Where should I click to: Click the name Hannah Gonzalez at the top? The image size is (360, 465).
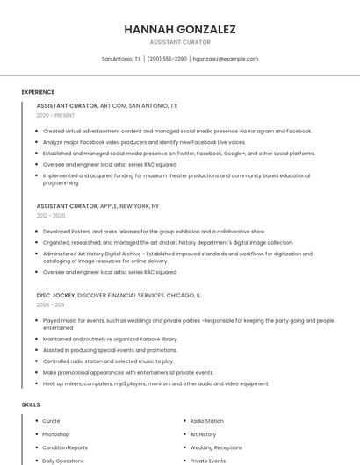(x=180, y=29)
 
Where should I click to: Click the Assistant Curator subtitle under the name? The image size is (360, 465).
(x=180, y=42)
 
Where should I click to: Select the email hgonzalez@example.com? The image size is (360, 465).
(x=226, y=59)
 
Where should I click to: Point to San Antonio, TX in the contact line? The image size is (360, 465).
(x=121, y=59)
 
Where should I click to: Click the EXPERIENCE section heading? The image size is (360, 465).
(x=38, y=92)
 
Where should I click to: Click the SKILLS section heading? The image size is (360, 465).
(x=31, y=404)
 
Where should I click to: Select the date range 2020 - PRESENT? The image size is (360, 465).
(x=55, y=115)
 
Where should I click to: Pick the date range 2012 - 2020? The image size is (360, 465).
(x=51, y=215)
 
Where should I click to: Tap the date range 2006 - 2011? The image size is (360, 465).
(x=50, y=304)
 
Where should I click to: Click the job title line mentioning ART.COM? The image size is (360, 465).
(x=106, y=105)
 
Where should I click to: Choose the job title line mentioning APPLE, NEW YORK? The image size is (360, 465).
(x=97, y=205)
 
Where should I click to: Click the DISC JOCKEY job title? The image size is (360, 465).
(x=56, y=296)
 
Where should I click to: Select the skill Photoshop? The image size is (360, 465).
(x=56, y=434)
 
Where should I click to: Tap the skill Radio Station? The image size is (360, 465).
(x=206, y=421)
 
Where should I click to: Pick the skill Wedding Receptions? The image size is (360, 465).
(x=215, y=447)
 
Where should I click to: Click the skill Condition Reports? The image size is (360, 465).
(x=64, y=447)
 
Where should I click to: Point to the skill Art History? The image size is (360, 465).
(x=203, y=434)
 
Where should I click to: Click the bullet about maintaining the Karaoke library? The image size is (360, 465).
(x=110, y=339)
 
